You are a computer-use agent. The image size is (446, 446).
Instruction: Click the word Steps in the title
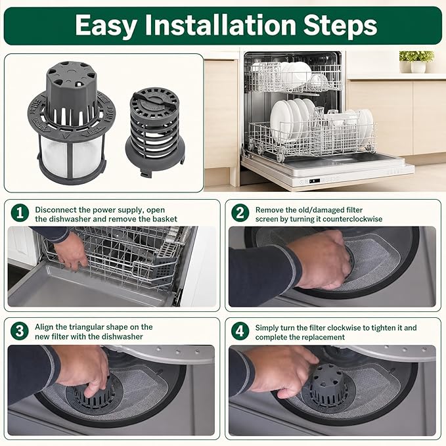(x=340, y=25)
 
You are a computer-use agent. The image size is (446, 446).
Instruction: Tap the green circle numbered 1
(x=20, y=213)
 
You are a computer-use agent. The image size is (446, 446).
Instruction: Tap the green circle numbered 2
(x=240, y=213)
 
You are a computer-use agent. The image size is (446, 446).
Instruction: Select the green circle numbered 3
(x=20, y=331)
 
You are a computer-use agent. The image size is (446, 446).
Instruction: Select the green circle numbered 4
(x=240, y=331)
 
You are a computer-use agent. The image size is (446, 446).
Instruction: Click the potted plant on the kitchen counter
(x=416, y=62)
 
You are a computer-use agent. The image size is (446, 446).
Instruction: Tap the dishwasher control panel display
(x=315, y=181)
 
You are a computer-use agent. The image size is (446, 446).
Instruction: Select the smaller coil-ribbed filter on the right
(x=155, y=131)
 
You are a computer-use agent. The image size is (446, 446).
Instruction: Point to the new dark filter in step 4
(x=328, y=385)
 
